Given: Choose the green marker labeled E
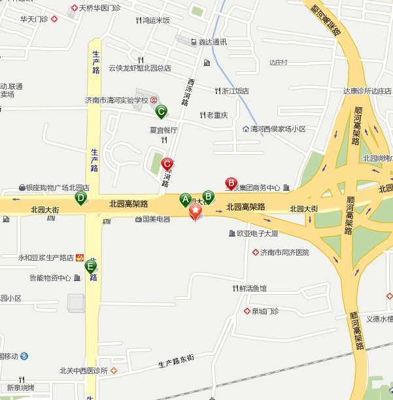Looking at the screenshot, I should (90, 265).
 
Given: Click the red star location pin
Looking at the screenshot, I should (196, 212).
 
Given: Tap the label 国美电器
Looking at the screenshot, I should (156, 220).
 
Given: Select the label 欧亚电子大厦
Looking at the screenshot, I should (257, 233).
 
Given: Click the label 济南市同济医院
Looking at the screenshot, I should (284, 252).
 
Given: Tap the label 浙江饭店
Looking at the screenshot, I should (235, 91).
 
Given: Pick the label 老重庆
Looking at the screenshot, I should (217, 115).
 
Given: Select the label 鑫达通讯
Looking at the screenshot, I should (213, 42).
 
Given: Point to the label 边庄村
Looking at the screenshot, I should (279, 63).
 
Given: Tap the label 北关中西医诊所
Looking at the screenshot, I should (83, 371).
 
